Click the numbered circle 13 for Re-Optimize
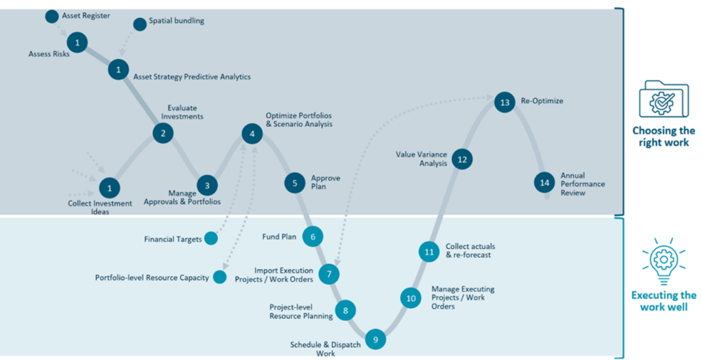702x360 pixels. tap(505, 103)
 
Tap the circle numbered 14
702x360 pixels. tap(544, 182)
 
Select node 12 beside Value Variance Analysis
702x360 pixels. tap(462, 159)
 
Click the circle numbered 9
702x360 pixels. tap(375, 339)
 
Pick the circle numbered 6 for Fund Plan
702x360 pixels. tap(313, 237)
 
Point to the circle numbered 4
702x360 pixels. tap(252, 134)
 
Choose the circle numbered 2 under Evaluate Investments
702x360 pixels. tap(163, 133)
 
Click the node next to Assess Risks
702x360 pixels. tap(78, 43)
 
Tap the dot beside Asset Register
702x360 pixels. tap(51, 15)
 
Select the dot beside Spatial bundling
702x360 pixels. tap(140, 24)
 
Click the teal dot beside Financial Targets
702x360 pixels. tap(211, 239)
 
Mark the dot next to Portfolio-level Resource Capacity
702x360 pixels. tap(219, 277)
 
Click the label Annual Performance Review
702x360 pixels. tap(573, 184)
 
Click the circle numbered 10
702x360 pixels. tap(411, 298)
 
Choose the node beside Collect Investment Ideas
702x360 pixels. tap(110, 187)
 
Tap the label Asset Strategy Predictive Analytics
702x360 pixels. tap(192, 77)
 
